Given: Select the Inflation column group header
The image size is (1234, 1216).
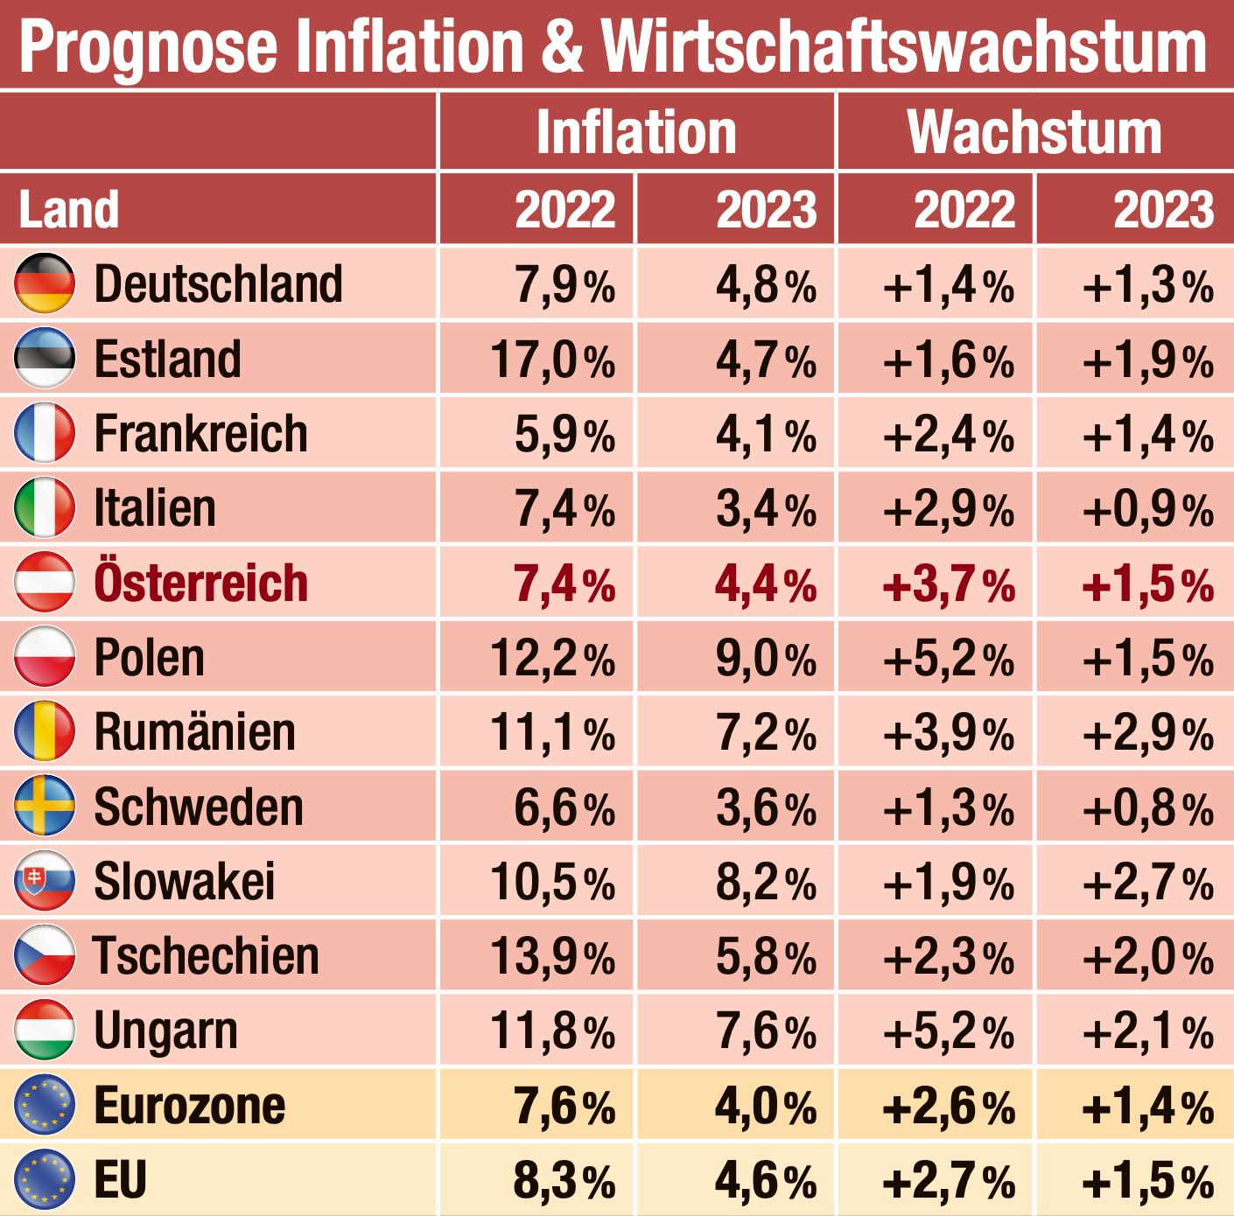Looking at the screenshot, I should (x=636, y=133).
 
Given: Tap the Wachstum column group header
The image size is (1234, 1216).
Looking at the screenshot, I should (x=1034, y=133).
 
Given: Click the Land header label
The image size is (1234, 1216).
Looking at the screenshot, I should (x=68, y=210).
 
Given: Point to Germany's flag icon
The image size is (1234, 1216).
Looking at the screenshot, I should (x=45, y=283).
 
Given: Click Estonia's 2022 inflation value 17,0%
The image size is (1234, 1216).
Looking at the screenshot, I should (x=552, y=360).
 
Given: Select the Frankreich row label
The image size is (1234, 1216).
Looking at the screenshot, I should (x=200, y=434).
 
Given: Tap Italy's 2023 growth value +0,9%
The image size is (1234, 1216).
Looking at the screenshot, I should (x=1147, y=509).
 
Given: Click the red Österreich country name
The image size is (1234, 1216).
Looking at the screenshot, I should (x=200, y=584).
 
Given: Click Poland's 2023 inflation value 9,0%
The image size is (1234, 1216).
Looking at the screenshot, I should (x=766, y=659).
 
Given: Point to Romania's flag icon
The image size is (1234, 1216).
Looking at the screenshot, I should (x=45, y=731).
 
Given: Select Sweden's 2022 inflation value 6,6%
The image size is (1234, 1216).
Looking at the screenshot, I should (x=564, y=807).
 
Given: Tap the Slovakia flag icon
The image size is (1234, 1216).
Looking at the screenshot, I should (x=45, y=881).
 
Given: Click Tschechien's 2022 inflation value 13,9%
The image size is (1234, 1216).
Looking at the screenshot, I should (x=552, y=956).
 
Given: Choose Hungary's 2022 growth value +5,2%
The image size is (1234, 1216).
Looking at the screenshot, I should (x=949, y=1031).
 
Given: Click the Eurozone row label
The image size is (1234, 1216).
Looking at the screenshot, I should (x=189, y=1106).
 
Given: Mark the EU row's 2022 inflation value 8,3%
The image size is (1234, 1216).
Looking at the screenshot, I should (x=564, y=1180).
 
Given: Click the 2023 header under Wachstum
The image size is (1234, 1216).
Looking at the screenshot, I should (x=1163, y=210).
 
